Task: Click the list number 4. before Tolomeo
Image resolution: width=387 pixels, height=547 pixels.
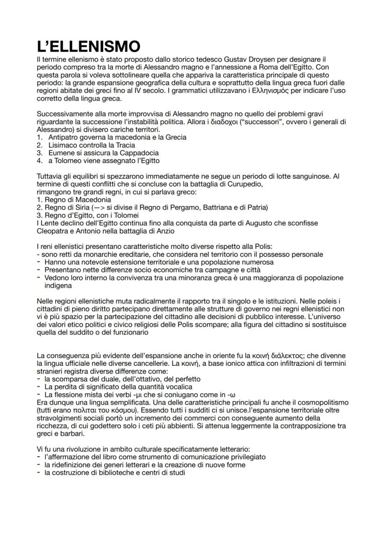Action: pos(40,161)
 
